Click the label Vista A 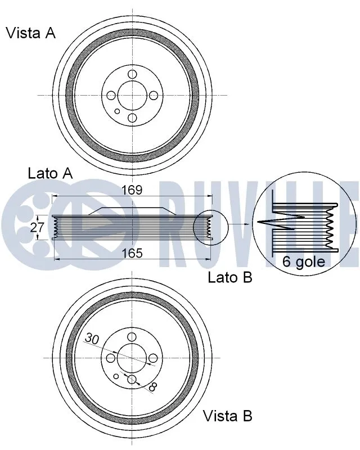point(30,33)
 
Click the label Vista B point(227,416)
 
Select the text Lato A point(50,173)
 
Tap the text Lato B point(230,277)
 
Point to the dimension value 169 point(132,190)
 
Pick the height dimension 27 point(37,227)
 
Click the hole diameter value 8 point(153,386)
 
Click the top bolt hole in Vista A point(132,74)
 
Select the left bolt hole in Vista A point(111,96)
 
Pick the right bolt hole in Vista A point(154,96)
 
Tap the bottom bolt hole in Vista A point(132,117)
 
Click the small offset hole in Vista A point(117,111)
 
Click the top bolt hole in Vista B point(132,337)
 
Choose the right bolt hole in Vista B point(154,358)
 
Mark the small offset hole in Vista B point(116,376)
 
